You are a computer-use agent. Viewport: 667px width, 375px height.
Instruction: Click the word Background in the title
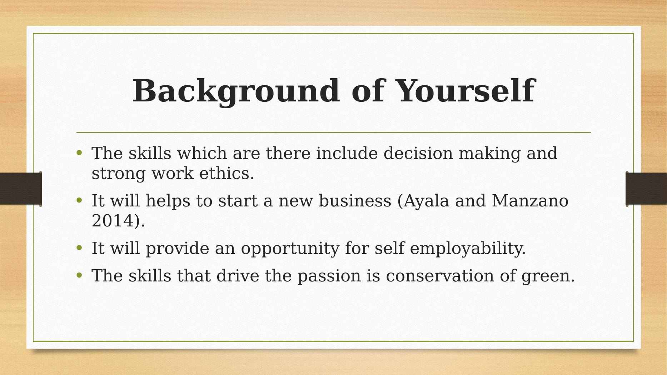point(236,91)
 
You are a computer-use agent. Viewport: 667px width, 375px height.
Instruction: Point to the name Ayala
point(427,201)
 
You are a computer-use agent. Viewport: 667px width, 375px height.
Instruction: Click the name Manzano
point(530,201)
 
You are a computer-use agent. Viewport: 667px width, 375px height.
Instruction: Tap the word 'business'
point(355,201)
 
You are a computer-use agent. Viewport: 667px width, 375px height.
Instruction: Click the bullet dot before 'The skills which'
point(79,153)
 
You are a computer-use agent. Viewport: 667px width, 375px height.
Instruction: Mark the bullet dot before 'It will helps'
point(79,200)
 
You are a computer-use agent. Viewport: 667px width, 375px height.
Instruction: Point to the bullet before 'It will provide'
point(79,248)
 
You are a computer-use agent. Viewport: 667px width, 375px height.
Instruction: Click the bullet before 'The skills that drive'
point(79,275)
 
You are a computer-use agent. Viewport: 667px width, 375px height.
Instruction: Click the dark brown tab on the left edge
point(21,189)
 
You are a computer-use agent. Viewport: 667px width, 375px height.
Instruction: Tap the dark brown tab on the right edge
point(646,189)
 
